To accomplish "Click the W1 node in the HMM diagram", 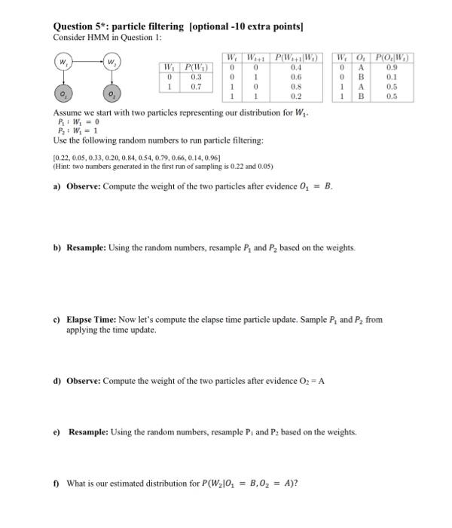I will tap(63, 60).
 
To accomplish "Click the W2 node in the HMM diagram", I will tap(111, 61).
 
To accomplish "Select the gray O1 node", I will tap(63, 93).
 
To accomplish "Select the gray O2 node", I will tap(111, 94).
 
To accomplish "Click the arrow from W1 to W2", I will tap(87, 60).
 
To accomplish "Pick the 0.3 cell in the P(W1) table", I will tap(197, 77).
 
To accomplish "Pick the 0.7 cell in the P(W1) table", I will tap(197, 87).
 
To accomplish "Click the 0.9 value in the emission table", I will tap(392, 67).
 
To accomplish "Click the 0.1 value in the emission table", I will tap(392, 77).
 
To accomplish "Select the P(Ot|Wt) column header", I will tap(392, 57).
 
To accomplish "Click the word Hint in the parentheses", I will tap(65, 165).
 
